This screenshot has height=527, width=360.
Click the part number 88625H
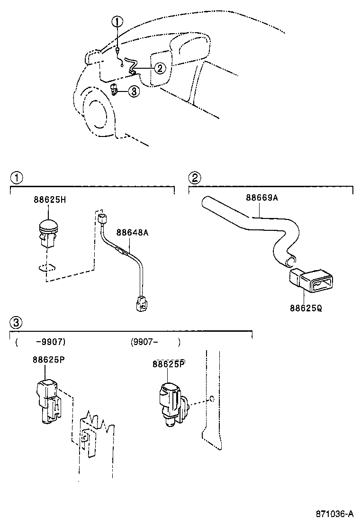[49, 200]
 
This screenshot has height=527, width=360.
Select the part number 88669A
[261, 198]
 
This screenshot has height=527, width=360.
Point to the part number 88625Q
[306, 308]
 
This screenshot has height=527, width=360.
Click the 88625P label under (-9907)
[48, 359]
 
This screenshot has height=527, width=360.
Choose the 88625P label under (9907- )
[168, 364]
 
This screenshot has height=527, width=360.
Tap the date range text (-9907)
[40, 341]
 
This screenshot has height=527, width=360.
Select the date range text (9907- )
[155, 341]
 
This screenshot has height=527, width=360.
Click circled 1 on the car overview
[117, 21]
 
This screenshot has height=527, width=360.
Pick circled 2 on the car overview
[160, 68]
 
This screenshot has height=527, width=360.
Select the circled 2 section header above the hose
[194, 178]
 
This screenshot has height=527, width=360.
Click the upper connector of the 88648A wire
[103, 219]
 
